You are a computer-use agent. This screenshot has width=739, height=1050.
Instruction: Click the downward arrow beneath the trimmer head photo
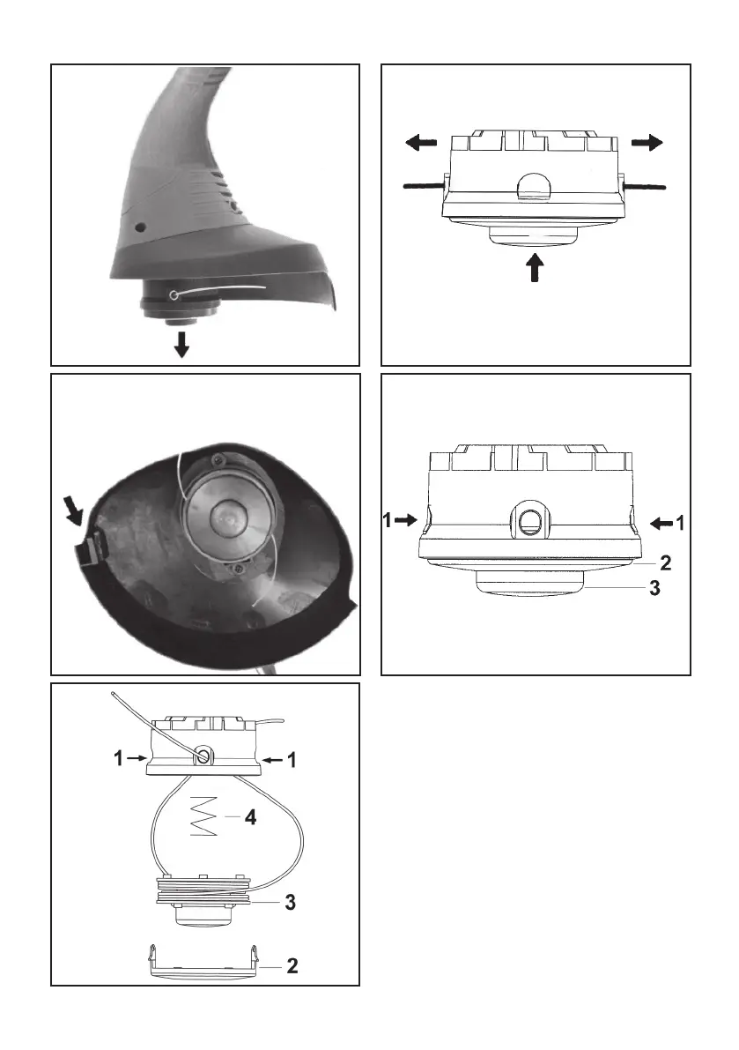point(181,345)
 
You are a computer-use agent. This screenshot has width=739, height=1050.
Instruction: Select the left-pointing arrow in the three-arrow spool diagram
point(422,142)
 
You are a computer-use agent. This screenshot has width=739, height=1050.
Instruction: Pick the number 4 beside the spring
point(250,817)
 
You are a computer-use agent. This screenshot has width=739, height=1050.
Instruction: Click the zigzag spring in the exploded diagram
point(203,817)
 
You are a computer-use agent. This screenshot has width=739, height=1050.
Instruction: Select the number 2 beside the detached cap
point(292,966)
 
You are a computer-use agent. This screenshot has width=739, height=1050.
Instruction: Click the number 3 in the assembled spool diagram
point(654,590)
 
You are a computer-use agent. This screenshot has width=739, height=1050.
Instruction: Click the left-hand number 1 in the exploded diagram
point(117,757)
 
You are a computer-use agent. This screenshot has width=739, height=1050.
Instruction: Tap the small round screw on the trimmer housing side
point(138,228)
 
